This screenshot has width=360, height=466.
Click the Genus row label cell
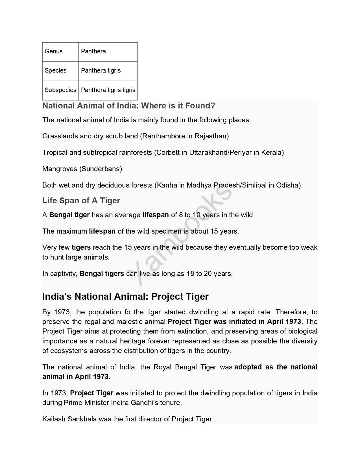point(54,51)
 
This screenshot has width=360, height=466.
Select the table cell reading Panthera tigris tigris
point(108,90)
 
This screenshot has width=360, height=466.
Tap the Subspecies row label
point(60,90)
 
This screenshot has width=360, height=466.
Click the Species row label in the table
point(56,71)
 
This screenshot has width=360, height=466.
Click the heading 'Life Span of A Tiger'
point(81,201)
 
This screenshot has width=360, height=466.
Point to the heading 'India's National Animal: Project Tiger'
point(125,297)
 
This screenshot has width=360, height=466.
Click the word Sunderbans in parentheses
point(101,169)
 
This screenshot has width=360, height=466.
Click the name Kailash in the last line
point(54,419)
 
